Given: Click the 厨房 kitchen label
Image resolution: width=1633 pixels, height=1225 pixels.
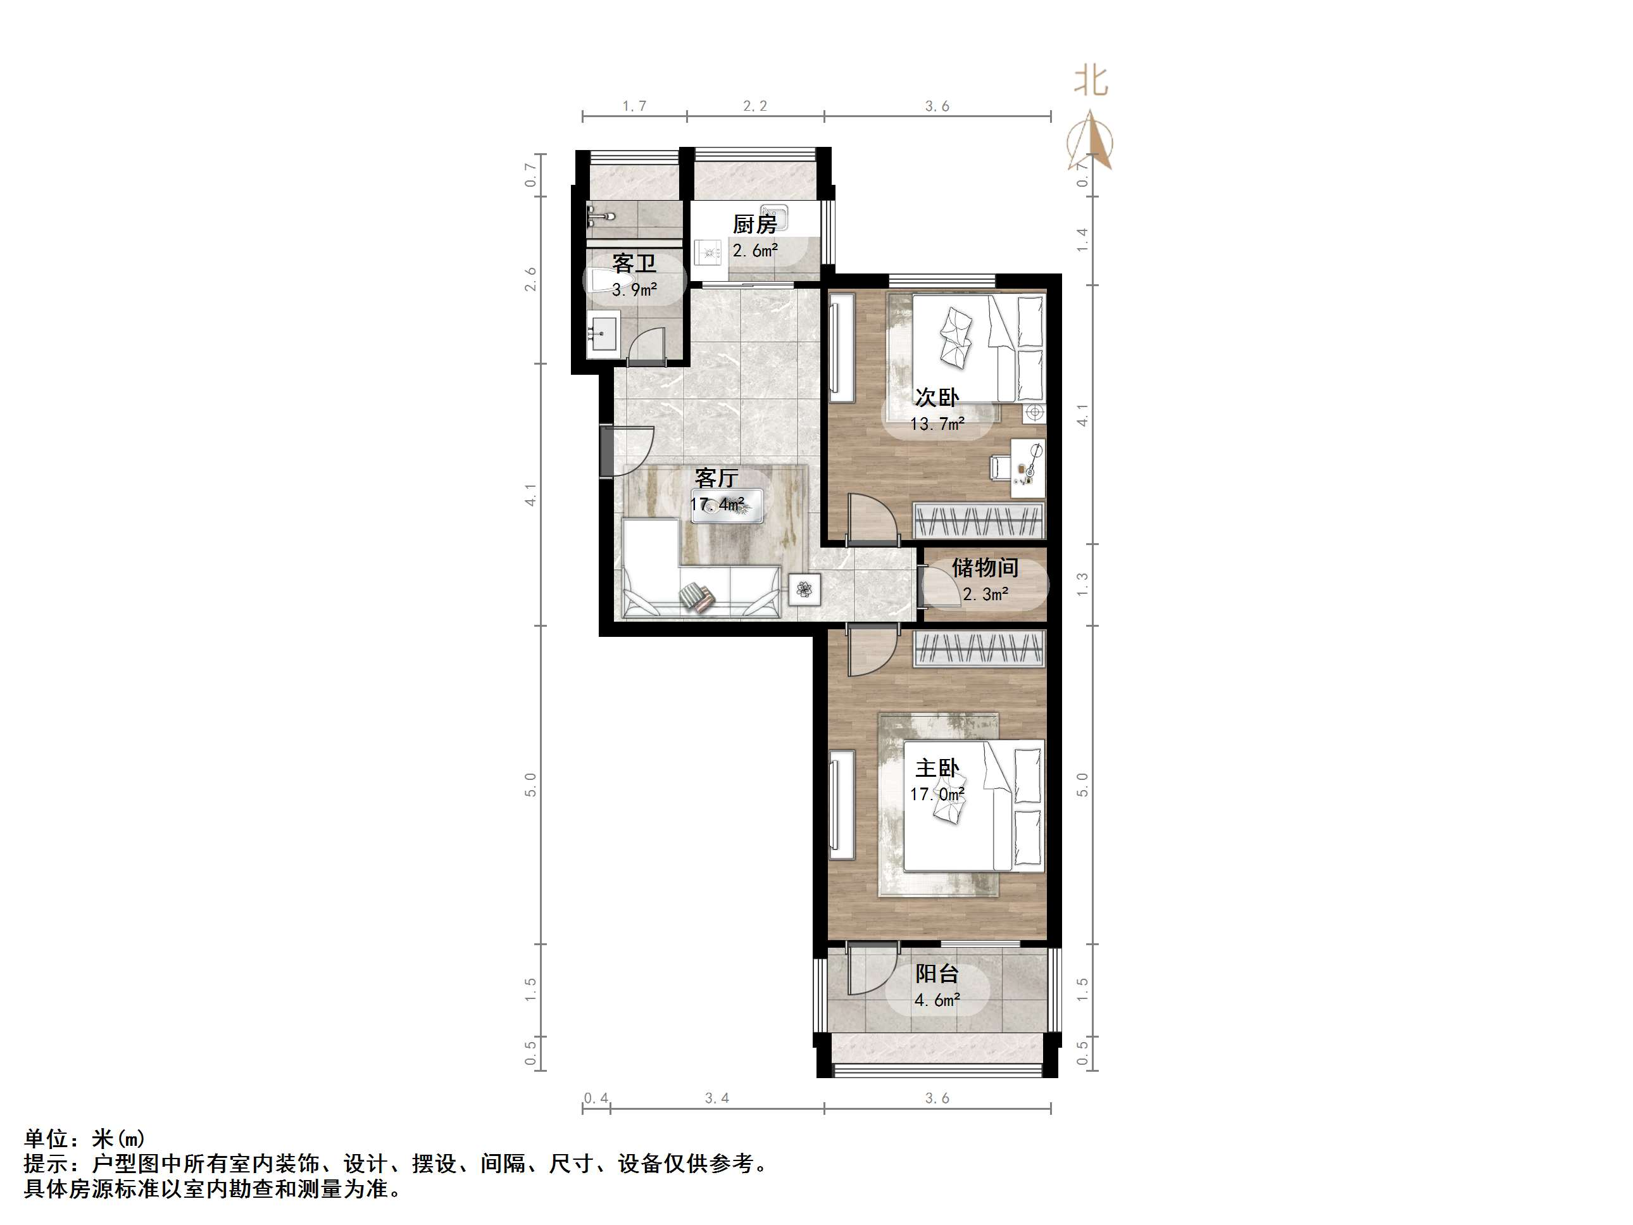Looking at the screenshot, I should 754,223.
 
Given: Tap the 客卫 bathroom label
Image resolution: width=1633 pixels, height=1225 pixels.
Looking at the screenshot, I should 634,263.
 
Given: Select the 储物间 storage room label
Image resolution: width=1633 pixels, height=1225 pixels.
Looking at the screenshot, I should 985,567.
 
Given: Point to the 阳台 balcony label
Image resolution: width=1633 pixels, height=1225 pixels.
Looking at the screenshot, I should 937,973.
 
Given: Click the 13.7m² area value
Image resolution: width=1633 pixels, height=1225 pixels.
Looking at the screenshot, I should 937,424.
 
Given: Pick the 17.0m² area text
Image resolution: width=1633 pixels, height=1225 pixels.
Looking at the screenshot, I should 937,795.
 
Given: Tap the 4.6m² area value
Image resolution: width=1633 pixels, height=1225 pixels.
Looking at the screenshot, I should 937,1000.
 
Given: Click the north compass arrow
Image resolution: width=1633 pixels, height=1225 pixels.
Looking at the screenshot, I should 1091,141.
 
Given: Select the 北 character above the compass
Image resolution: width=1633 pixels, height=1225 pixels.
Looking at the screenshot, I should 1091,80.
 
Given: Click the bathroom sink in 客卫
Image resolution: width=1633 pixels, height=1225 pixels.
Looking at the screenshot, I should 604,336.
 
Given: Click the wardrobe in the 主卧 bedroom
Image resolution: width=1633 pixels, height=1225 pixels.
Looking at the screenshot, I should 979,650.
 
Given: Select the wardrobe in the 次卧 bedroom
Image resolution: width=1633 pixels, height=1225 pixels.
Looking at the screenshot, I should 979,520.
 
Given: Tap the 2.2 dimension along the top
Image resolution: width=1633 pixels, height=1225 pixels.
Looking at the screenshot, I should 754,106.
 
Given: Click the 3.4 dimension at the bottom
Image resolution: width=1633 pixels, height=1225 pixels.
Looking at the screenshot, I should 716,1098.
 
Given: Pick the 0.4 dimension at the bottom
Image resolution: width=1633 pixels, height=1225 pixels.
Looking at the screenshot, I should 596,1098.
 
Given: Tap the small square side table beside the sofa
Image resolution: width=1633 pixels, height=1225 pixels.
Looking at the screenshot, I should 804,589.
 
